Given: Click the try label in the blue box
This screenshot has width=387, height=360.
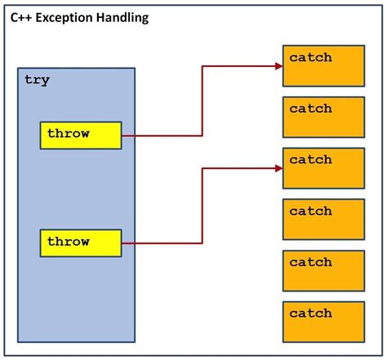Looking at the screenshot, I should tap(37, 80).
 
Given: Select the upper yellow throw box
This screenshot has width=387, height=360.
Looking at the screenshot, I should tap(81, 135).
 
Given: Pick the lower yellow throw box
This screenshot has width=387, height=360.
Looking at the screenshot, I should tap(81, 242).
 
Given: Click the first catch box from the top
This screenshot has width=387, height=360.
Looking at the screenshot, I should tap(322, 65).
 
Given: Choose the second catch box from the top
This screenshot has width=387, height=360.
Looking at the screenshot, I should tap(322, 117).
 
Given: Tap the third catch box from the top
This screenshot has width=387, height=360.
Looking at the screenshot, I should tap(322, 168).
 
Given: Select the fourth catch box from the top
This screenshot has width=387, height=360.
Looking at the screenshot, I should tap(322, 219).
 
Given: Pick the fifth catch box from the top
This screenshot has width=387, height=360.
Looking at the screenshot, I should tap(322, 270).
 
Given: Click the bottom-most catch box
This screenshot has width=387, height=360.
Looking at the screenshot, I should tap(322, 322).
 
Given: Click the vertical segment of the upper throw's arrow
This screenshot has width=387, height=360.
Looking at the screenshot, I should tap(202, 102).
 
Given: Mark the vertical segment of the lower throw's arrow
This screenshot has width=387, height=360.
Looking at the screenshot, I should tap(202, 205).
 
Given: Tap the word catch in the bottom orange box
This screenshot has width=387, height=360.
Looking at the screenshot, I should tap(310, 313).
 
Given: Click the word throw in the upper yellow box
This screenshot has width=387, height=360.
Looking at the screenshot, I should tap(68, 133).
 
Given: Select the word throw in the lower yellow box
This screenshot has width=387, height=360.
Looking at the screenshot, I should tap(68, 242).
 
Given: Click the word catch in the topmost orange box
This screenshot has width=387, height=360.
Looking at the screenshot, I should tap(310, 58).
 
